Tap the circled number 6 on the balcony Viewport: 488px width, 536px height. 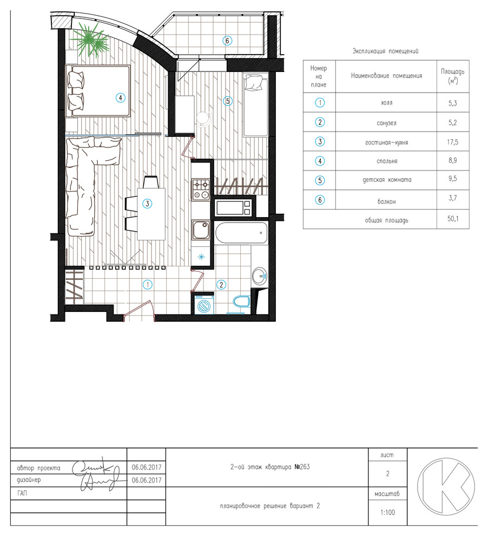pyautogui.click(x=227, y=41)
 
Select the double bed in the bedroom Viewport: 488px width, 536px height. pyautogui.click(x=98, y=91)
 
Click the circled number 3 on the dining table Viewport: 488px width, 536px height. pyautogui.click(x=147, y=204)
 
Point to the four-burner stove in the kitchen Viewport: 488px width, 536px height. pyautogui.click(x=201, y=189)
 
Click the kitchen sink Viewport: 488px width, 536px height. pyautogui.click(x=201, y=230)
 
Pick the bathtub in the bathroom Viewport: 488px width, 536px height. pyautogui.click(x=241, y=233)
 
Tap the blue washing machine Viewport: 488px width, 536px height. pyautogui.click(x=204, y=304)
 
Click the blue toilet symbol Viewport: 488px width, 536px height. pyautogui.click(x=241, y=302)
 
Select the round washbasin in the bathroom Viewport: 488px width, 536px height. pyautogui.click(x=260, y=275)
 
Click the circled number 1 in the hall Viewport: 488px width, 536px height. pyautogui.click(x=148, y=284)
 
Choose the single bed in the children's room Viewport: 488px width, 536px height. pyautogui.click(x=255, y=104)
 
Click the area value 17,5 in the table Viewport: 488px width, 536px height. pyautogui.click(x=452, y=142)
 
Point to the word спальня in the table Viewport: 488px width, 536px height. pyautogui.click(x=387, y=161)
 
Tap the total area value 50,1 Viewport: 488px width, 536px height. pyautogui.click(x=452, y=218)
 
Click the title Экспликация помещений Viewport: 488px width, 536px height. pyautogui.click(x=386, y=51)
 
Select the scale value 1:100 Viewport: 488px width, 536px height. pyautogui.click(x=387, y=512)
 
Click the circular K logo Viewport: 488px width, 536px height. pyautogui.click(x=446, y=487)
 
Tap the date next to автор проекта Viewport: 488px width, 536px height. pyautogui.click(x=147, y=467)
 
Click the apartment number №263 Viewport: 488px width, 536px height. pyautogui.click(x=302, y=467)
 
